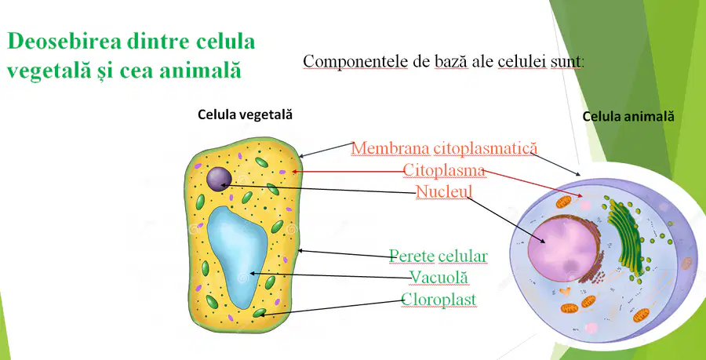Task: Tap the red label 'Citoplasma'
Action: coord(443,170)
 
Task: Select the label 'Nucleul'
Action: coord(444,191)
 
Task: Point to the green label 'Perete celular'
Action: coord(438,256)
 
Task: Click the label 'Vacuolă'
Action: coord(439,277)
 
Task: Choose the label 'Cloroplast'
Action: coord(439,300)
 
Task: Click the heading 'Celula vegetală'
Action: coord(246,115)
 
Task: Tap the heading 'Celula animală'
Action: coord(628,117)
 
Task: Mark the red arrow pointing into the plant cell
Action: coord(348,172)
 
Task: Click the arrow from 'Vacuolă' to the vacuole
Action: coord(330,275)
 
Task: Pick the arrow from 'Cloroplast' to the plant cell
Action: coord(331,307)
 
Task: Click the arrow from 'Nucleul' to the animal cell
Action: coord(507,220)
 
